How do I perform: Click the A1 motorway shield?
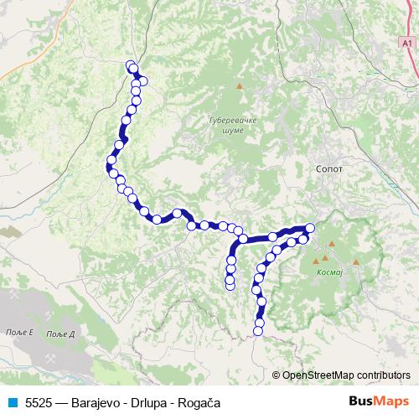coord(406,41)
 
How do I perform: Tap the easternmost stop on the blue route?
coord(310,228)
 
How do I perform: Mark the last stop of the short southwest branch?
coord(230,287)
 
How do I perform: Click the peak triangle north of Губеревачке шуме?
coord(240,85)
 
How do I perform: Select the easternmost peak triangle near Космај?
coord(356,262)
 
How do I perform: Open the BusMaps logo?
coord(380,402)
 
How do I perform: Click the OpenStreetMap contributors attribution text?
coord(345,375)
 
